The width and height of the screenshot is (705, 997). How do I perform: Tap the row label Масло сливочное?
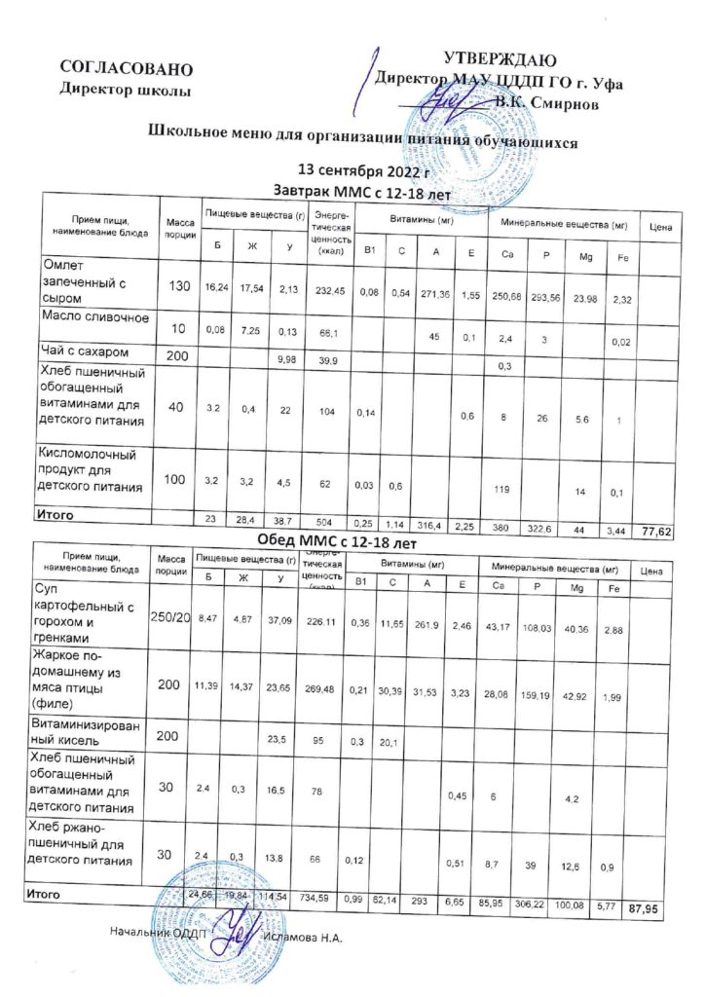click(94, 318)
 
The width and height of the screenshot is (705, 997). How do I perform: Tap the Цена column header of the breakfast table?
click(664, 227)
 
